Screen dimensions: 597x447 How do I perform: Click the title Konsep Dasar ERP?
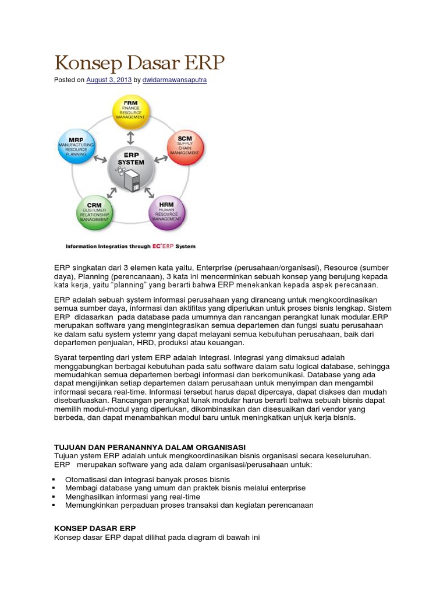pyautogui.click(x=139, y=64)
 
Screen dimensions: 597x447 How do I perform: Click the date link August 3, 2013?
pyautogui.click(x=109, y=80)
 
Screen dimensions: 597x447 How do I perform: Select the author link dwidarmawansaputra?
pyautogui.click(x=175, y=80)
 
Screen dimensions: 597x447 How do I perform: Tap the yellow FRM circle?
pyautogui.click(x=130, y=112)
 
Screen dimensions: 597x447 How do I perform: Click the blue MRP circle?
pyautogui.click(x=72, y=145)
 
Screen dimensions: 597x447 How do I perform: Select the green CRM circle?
pyautogui.click(x=95, y=213)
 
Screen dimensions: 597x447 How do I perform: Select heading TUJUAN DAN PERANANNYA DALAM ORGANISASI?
pyautogui.click(x=150, y=447)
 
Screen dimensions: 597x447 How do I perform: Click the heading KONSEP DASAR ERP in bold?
pyautogui.click(x=95, y=528)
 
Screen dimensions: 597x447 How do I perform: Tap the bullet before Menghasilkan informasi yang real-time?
pyautogui.click(x=54, y=497)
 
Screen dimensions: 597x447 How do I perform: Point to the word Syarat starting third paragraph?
pyautogui.click(x=66, y=356)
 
